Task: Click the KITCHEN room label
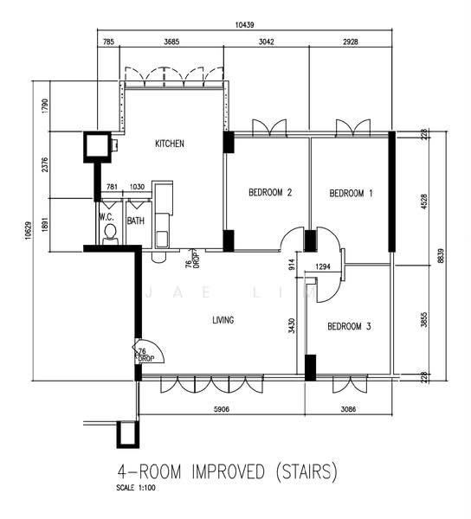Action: tap(169, 144)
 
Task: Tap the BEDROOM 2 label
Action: tap(270, 192)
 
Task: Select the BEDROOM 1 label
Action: tap(351, 193)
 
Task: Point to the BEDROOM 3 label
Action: tap(349, 326)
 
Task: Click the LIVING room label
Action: tap(223, 320)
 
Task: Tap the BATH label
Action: tap(136, 221)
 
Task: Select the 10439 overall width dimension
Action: tap(245, 25)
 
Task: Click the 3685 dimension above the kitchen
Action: tap(171, 42)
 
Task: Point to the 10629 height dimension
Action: tap(29, 230)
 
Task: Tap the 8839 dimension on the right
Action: tap(441, 255)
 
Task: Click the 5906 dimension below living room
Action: tap(222, 409)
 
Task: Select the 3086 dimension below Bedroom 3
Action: tap(348, 409)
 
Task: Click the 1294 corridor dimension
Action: tap(323, 266)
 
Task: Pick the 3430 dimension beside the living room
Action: tap(292, 326)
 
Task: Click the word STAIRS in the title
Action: tap(306, 471)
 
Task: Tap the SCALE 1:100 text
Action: tap(136, 488)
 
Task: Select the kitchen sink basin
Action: tap(162, 240)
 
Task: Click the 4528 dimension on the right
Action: tap(424, 202)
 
